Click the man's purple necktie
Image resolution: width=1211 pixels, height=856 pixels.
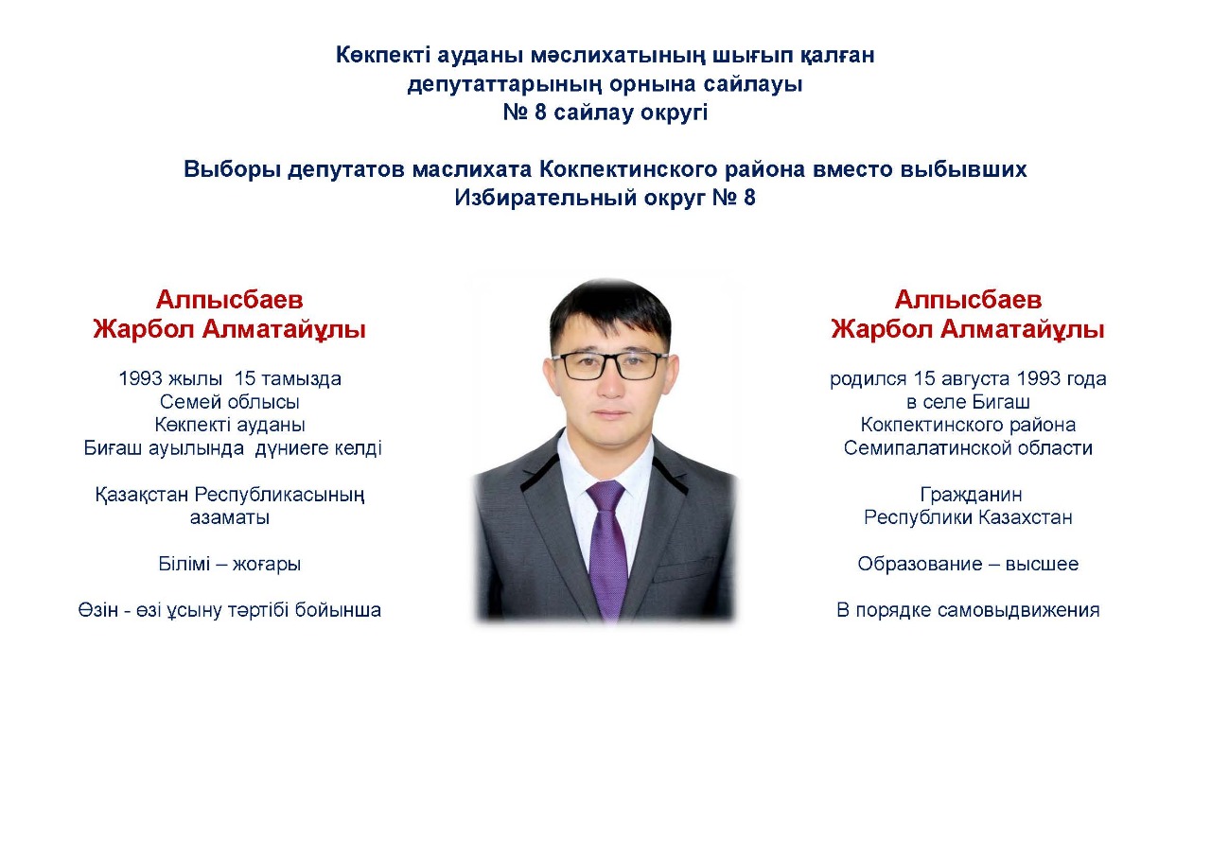[607, 546]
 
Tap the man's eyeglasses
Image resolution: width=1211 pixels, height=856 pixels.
[610, 365]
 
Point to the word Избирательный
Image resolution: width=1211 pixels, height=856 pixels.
[545, 198]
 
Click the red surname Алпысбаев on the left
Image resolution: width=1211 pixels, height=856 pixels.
[229, 300]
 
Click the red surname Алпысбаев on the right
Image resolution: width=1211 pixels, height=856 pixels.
[968, 300]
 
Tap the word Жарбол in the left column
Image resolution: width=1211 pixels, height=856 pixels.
[143, 329]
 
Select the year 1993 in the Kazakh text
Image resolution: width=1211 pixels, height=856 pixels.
[141, 378]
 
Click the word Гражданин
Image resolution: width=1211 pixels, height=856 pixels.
[971, 495]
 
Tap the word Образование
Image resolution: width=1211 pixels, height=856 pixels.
[919, 564]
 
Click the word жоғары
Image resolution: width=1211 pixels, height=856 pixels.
[267, 565]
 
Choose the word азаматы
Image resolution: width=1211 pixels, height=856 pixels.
[230, 517]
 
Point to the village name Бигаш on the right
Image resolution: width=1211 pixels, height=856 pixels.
[1000, 402]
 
